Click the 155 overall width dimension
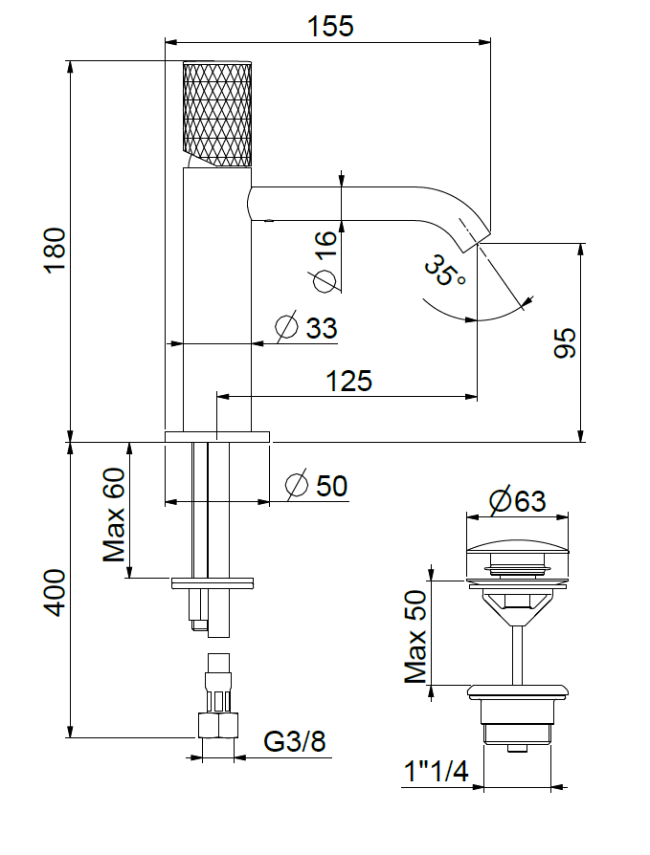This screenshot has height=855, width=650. [330, 26]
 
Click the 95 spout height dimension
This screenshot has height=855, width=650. [565, 341]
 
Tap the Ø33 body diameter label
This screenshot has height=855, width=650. [307, 328]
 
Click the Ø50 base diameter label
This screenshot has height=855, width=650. [317, 486]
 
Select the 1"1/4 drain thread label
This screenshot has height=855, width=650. [436, 771]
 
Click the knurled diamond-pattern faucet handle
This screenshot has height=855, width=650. [217, 112]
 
